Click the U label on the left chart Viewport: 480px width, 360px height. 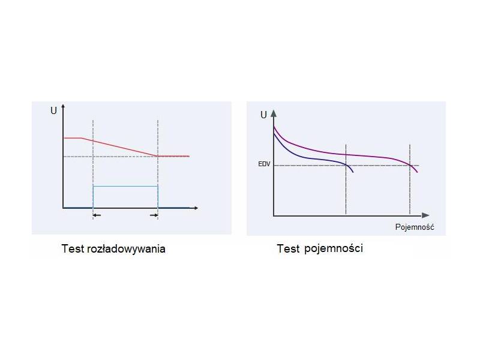53,111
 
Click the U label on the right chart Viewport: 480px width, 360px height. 263,115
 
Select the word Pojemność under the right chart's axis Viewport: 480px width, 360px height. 415,227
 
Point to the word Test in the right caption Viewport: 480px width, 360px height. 288,248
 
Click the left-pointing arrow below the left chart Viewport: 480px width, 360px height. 97,214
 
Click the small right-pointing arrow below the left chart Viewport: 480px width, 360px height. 154,214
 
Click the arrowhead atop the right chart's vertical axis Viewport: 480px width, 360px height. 274,113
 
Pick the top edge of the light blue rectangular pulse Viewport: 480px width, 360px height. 125,186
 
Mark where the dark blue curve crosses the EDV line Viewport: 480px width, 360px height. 348,165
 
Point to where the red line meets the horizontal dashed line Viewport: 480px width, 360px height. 158,156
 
